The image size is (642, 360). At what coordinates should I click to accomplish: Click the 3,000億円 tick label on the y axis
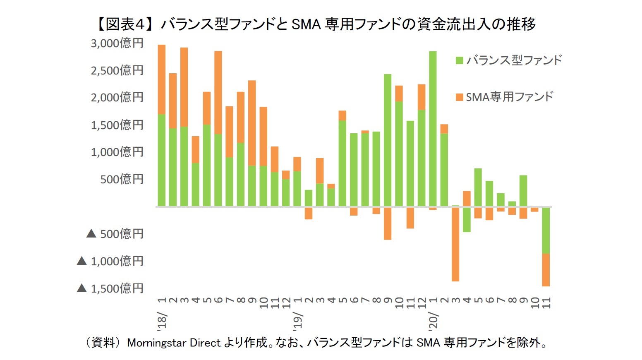point(117,43)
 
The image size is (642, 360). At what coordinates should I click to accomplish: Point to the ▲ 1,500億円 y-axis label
point(110,288)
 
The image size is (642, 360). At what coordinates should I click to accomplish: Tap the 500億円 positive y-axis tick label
point(122,179)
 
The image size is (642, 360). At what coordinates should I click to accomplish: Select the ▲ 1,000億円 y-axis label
point(110,261)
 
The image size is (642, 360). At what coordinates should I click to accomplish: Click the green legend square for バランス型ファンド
point(459,60)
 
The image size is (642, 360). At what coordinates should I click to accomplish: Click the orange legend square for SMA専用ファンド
point(459,97)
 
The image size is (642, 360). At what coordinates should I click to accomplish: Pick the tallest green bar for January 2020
point(433,128)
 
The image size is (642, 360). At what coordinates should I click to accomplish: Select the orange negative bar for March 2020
point(455,244)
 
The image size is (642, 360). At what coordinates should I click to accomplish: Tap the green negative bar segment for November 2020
point(546,230)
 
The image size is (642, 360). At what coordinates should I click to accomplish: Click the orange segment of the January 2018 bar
point(162,79)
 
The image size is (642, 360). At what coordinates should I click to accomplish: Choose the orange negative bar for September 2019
point(388,223)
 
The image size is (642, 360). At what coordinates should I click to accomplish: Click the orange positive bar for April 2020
point(467,199)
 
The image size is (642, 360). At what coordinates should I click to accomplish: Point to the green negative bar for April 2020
point(467,219)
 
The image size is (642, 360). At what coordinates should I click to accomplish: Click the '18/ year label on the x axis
point(162,321)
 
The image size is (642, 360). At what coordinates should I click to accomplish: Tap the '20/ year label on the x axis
point(433,321)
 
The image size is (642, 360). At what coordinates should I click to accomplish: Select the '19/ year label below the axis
point(297,321)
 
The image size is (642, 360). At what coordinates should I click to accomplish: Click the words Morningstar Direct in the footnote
point(174,343)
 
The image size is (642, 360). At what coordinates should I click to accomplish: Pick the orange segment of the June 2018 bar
point(218,92)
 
